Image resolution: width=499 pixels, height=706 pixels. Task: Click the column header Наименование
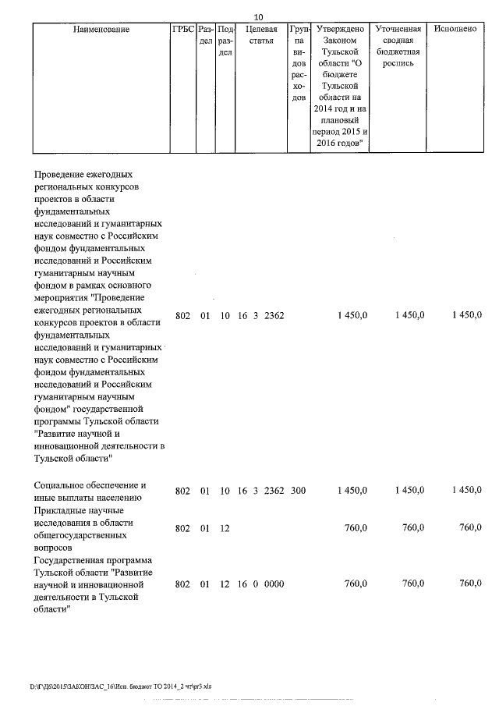(x=101, y=29)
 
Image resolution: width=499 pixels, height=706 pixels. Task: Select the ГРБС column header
(x=182, y=29)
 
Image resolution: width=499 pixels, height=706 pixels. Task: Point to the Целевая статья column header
(x=261, y=34)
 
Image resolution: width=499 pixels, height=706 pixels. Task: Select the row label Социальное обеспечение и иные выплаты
(x=88, y=491)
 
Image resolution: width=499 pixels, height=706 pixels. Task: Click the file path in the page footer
(x=120, y=686)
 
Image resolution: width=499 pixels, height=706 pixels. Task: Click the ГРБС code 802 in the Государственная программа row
(x=182, y=584)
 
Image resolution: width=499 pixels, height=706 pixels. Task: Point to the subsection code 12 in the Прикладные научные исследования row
(x=225, y=529)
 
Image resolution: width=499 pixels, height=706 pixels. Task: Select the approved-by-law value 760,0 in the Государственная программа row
(x=356, y=584)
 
